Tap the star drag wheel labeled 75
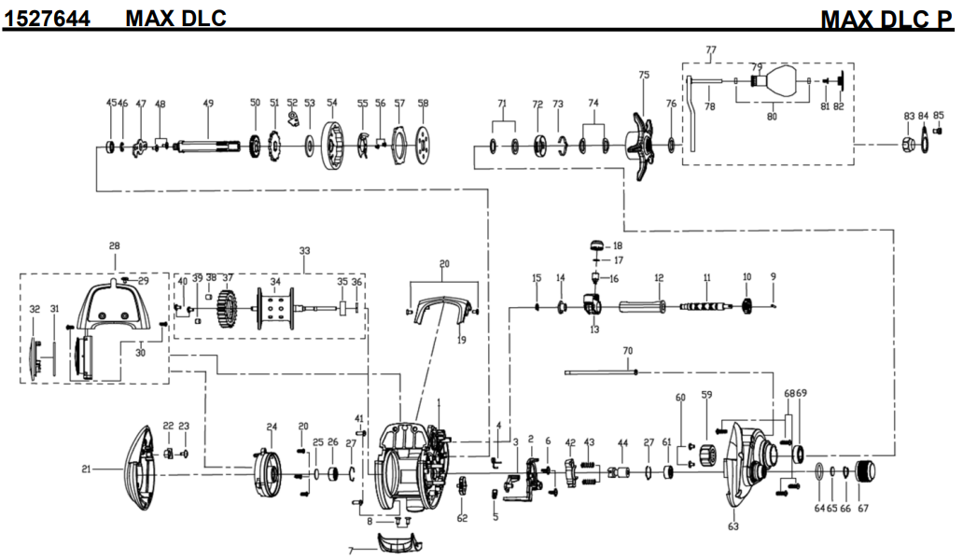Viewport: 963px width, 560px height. [x=643, y=147]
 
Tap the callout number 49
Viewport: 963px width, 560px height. [x=208, y=103]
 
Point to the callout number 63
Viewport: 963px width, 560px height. [x=733, y=526]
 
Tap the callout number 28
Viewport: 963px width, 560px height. [x=114, y=246]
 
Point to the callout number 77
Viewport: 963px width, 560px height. [x=711, y=49]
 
